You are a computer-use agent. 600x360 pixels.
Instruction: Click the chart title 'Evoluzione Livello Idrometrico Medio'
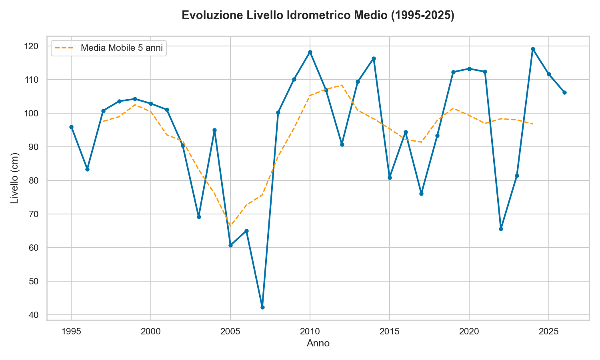click(x=318, y=16)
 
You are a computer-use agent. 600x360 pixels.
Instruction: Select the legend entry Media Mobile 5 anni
click(x=122, y=48)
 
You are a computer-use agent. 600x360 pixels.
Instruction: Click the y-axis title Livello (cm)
click(x=15, y=178)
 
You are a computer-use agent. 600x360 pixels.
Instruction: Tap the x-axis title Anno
click(x=318, y=343)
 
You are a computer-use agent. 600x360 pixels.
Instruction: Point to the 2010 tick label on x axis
click(x=310, y=332)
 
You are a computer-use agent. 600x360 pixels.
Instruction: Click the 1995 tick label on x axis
click(x=71, y=332)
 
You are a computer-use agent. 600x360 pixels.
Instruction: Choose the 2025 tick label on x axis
click(x=548, y=332)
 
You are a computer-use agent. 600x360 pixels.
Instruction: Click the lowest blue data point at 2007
click(x=262, y=307)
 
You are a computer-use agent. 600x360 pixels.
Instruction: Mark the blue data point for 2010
click(x=310, y=52)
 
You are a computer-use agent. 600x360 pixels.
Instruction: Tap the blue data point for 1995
click(x=71, y=127)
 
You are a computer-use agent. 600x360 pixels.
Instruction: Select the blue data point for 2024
click(x=533, y=49)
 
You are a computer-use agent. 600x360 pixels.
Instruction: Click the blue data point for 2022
click(x=501, y=229)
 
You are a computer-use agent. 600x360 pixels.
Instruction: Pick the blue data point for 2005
click(x=230, y=245)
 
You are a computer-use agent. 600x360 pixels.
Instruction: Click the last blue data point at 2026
click(x=564, y=92)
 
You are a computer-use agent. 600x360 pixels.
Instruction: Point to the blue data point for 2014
click(x=374, y=59)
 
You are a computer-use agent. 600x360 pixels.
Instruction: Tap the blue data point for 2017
click(x=421, y=194)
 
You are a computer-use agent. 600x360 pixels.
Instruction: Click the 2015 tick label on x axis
click(x=389, y=332)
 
